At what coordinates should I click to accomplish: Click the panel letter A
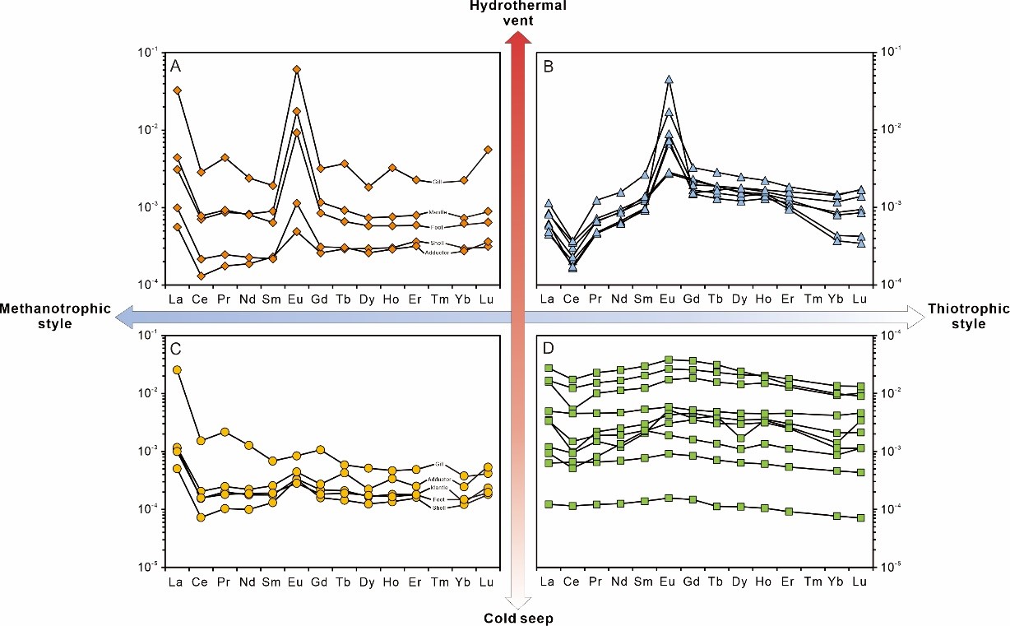point(176,67)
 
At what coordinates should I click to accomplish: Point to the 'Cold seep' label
point(519,617)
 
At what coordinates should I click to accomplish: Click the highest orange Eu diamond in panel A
point(296,70)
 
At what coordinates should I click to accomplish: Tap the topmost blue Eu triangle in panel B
point(669,80)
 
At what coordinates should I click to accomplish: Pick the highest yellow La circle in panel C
point(177,370)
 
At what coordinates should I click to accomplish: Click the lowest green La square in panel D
point(549,503)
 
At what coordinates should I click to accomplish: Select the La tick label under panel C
point(176,582)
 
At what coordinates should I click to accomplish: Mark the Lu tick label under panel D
point(860,582)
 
